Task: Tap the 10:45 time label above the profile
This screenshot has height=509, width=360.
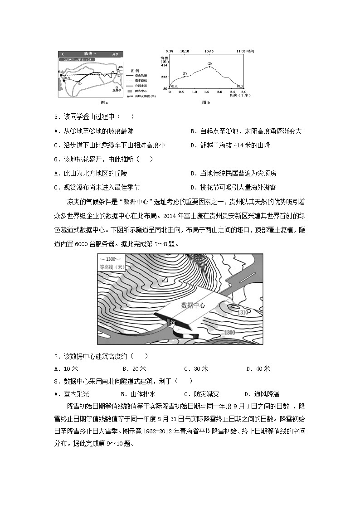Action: coord(209,52)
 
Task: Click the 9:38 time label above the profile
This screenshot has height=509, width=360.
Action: coord(170,52)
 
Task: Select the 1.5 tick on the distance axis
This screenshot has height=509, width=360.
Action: coord(207,92)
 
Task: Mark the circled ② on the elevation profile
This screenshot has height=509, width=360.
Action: coord(209,63)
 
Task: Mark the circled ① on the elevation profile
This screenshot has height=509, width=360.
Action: coord(185,73)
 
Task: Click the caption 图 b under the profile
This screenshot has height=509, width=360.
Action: coord(206,102)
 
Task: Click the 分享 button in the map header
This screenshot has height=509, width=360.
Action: coord(116,53)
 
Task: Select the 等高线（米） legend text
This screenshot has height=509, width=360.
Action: coord(112,267)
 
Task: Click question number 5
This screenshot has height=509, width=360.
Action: coord(56,117)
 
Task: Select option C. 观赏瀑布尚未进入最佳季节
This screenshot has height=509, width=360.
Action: coord(97,187)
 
